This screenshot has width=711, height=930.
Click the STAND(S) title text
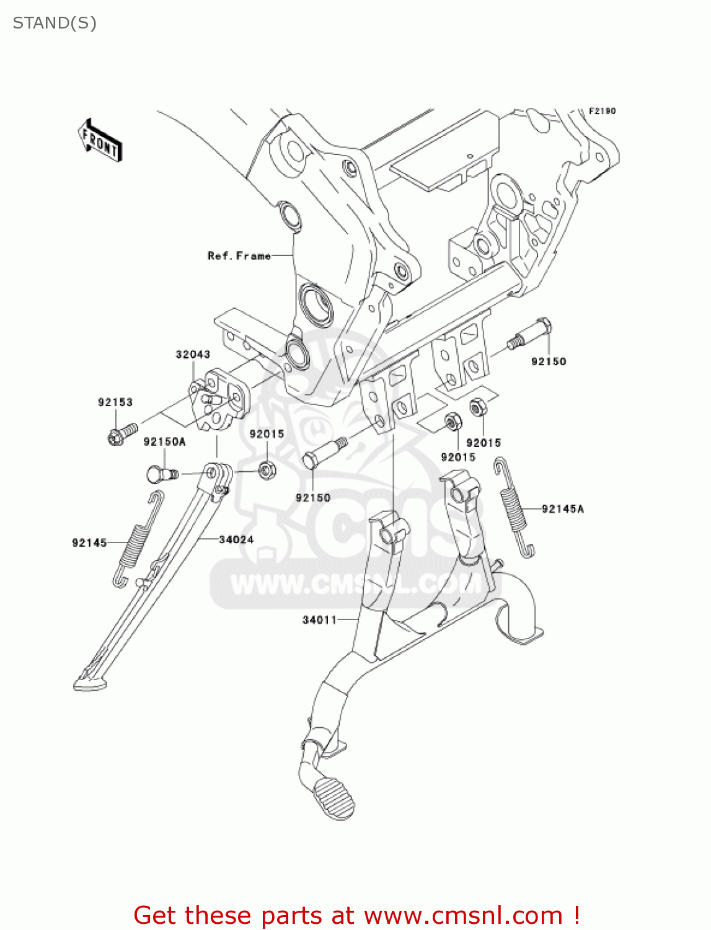[x=55, y=23]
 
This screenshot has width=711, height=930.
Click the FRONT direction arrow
[x=100, y=141]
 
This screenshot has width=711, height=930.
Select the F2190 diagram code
[x=602, y=111]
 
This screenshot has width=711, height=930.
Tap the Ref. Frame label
[x=239, y=255]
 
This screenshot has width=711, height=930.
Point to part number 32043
[x=193, y=354]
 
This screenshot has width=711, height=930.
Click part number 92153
[x=115, y=402]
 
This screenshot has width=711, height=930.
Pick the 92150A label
[x=164, y=441]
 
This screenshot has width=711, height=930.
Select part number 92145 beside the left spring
[x=89, y=542]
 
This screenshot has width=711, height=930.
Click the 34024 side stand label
[x=236, y=539]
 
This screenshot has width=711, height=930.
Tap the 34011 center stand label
[x=319, y=619]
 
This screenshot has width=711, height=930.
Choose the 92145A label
[x=562, y=509]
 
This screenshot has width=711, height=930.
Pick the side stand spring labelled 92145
[x=138, y=538]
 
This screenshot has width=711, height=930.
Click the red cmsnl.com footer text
[x=356, y=915]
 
